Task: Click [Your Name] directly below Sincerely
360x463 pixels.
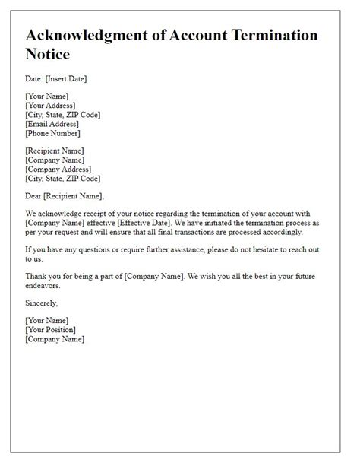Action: point(47,321)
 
